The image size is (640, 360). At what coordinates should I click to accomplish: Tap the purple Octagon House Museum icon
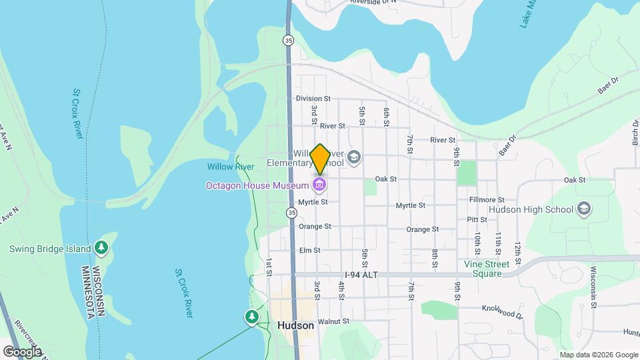319,184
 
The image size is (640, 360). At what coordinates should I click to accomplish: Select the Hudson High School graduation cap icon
585,209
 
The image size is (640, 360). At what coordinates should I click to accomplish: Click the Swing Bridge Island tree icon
101,249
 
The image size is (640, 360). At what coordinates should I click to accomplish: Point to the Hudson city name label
294,326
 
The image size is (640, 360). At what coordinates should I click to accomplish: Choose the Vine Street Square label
487,269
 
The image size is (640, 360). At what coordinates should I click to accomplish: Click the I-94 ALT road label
362,275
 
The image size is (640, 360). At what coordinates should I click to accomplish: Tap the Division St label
313,99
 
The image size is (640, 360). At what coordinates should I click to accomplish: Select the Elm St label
310,251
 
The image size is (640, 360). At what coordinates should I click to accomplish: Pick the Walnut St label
333,321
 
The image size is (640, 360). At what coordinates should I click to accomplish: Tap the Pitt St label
477,219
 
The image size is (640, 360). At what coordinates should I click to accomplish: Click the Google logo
23,351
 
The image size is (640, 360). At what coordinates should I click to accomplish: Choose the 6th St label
385,115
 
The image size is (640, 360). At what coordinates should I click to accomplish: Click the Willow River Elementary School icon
354,158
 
